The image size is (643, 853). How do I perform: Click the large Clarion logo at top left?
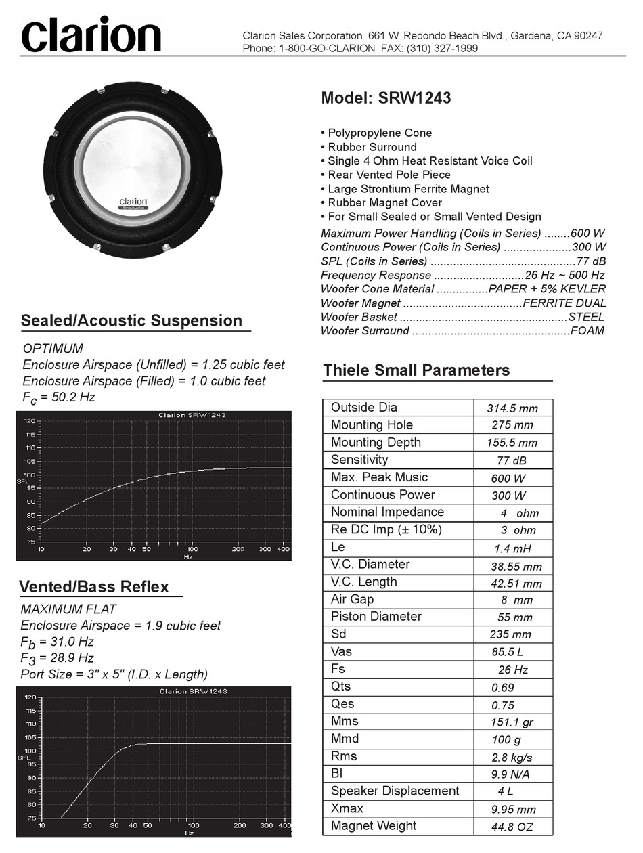[91, 35]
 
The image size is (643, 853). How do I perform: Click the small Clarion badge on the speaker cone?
[133, 202]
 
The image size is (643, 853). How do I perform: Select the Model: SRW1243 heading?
[386, 98]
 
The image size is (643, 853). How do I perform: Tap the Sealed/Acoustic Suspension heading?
[131, 320]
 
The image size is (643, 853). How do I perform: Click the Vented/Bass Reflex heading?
[94, 586]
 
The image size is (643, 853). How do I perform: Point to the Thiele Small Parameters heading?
[416, 370]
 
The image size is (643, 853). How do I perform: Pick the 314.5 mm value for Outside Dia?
[512, 408]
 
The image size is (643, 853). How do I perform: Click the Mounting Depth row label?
[376, 442]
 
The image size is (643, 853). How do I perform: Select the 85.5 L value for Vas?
[508, 653]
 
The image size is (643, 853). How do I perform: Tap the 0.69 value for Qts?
[503, 688]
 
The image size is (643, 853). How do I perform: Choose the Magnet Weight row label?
[374, 825]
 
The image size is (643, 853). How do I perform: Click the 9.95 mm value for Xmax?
[513, 809]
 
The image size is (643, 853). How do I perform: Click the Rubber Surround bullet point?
[372, 147]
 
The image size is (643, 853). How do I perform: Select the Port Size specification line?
[114, 674]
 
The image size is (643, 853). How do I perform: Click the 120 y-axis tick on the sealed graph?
[29, 420]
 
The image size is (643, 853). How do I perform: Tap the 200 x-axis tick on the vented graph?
[239, 826]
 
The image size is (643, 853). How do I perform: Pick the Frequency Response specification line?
[462, 275]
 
